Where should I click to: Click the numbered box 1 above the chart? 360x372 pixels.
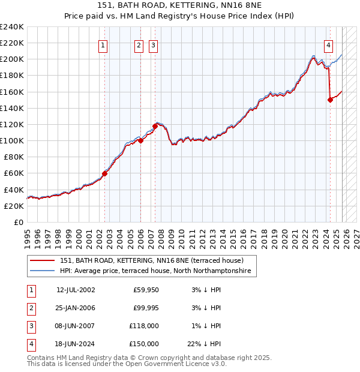(x=103, y=45)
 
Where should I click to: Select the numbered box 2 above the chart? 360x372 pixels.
(x=139, y=45)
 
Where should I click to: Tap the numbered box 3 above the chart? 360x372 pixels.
(x=153, y=45)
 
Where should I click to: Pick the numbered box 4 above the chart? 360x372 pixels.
(x=329, y=45)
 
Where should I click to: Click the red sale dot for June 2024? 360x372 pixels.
(x=330, y=100)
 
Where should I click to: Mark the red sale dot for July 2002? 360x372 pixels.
(x=104, y=173)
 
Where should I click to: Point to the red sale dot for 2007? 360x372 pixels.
(x=155, y=126)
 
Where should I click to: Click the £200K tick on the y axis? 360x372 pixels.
(x=12, y=59)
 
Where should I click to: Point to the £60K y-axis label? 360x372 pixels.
(x=14, y=173)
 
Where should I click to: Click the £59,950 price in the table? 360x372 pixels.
(x=146, y=290)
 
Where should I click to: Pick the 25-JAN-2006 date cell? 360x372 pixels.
(x=76, y=308)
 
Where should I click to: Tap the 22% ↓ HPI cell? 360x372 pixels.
(x=204, y=344)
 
